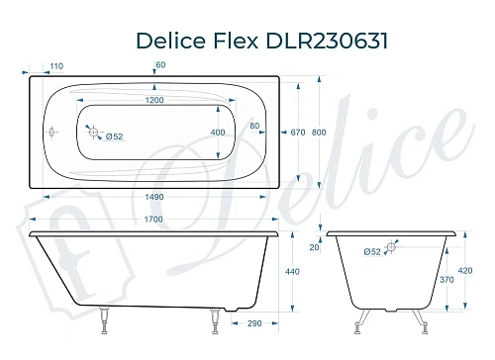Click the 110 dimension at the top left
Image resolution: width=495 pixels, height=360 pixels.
pyautogui.click(x=54, y=66)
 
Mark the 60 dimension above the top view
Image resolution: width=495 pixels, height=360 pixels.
pyautogui.click(x=160, y=65)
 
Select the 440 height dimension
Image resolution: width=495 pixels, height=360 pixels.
pyautogui.click(x=292, y=271)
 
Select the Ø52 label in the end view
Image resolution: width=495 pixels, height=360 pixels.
pyautogui.click(x=374, y=253)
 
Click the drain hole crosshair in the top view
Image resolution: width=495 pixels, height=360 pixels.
pyautogui.click(x=93, y=129)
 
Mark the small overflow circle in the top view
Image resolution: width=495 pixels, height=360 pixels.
pyautogui.click(x=52, y=129)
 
